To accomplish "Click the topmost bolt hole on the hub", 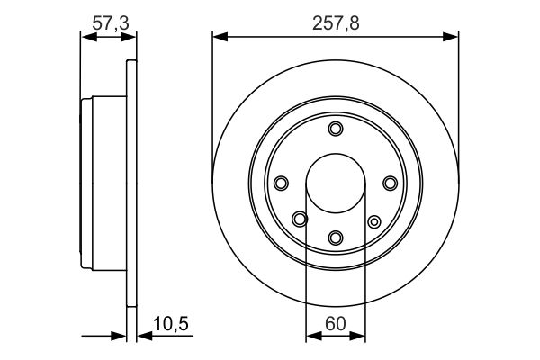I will [x=336, y=130].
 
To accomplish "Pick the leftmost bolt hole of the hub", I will [x=280, y=184].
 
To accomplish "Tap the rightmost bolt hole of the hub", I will [x=390, y=184].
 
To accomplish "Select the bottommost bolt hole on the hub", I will [x=336, y=238].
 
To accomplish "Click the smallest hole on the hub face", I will [x=373, y=220].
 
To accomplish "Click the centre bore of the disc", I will [x=336, y=184].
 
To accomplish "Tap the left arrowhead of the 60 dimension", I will [x=311, y=337].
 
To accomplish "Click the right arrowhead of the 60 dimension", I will [x=360, y=337].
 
